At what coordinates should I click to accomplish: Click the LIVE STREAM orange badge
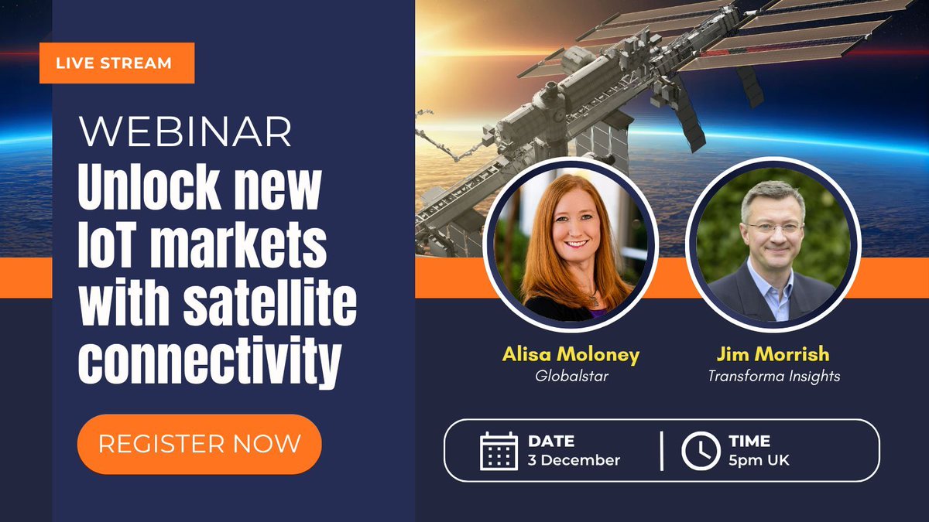(x=116, y=63)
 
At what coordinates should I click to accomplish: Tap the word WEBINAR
(x=186, y=133)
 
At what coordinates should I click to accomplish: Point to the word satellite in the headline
(x=269, y=305)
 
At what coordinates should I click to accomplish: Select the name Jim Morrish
(x=773, y=354)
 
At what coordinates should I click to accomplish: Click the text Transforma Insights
(x=773, y=376)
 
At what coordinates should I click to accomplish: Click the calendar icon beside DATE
(x=499, y=451)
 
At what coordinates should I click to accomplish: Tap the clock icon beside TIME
(x=700, y=451)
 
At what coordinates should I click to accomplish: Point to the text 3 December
(x=574, y=460)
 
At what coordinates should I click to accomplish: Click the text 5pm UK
(x=759, y=460)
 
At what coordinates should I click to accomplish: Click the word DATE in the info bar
(x=550, y=442)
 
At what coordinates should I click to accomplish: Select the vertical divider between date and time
(x=662, y=451)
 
